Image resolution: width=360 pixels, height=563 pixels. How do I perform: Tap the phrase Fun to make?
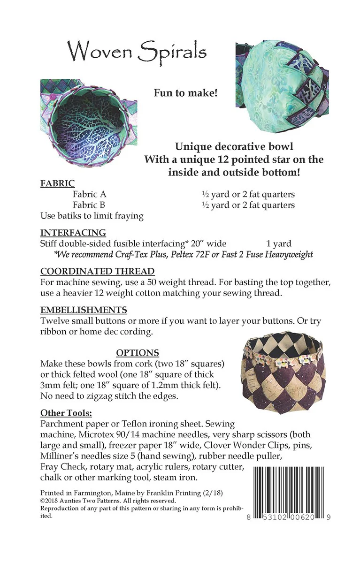185,93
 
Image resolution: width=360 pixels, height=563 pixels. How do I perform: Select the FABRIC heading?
57,183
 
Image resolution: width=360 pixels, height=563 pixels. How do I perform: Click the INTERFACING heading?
73,233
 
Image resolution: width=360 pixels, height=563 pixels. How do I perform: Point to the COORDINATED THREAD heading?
98,272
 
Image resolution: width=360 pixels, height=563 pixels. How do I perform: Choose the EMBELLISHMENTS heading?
84,310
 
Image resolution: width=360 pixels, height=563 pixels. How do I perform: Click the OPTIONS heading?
138,353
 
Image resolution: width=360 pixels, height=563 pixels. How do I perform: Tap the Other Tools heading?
66,413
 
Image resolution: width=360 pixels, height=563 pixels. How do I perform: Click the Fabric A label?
89,194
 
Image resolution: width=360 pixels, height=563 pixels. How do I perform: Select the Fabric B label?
89,205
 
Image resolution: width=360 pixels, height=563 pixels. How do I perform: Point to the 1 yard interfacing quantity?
279,243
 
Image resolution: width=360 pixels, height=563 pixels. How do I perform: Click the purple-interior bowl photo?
89,123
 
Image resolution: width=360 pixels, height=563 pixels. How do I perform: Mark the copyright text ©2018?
51,501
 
